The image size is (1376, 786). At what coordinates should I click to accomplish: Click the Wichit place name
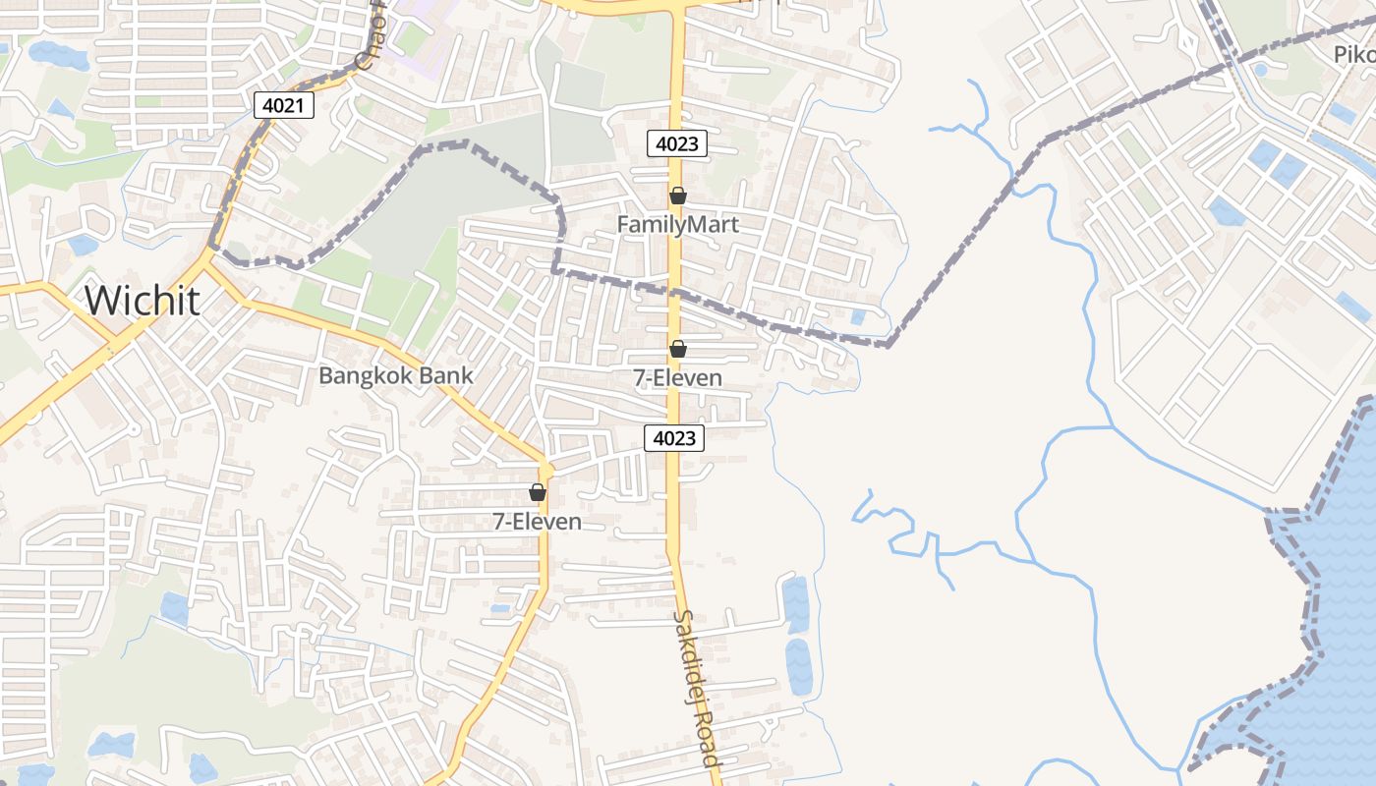coord(143,301)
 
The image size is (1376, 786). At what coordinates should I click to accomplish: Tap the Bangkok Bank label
coord(395,375)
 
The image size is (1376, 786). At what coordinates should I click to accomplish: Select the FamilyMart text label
coord(677,225)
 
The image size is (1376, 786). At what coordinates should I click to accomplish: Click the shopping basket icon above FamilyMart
coord(677,196)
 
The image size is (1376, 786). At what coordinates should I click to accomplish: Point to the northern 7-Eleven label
coord(677,378)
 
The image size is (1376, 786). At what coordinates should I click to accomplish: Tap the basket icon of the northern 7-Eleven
coord(677,349)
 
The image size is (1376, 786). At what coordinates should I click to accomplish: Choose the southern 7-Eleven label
coord(537,522)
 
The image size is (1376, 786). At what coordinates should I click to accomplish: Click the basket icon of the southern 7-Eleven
coord(537,492)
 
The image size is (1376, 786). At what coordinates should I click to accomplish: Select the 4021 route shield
coord(284,105)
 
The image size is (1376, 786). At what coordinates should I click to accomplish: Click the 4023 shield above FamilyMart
coord(677,143)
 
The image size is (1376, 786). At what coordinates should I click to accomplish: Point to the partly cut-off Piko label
coord(1354,55)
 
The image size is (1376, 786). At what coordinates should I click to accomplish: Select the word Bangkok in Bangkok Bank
coord(365,375)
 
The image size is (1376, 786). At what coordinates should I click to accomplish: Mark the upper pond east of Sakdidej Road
coord(795,604)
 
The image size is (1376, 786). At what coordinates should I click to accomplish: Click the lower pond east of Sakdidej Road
coord(798,667)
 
